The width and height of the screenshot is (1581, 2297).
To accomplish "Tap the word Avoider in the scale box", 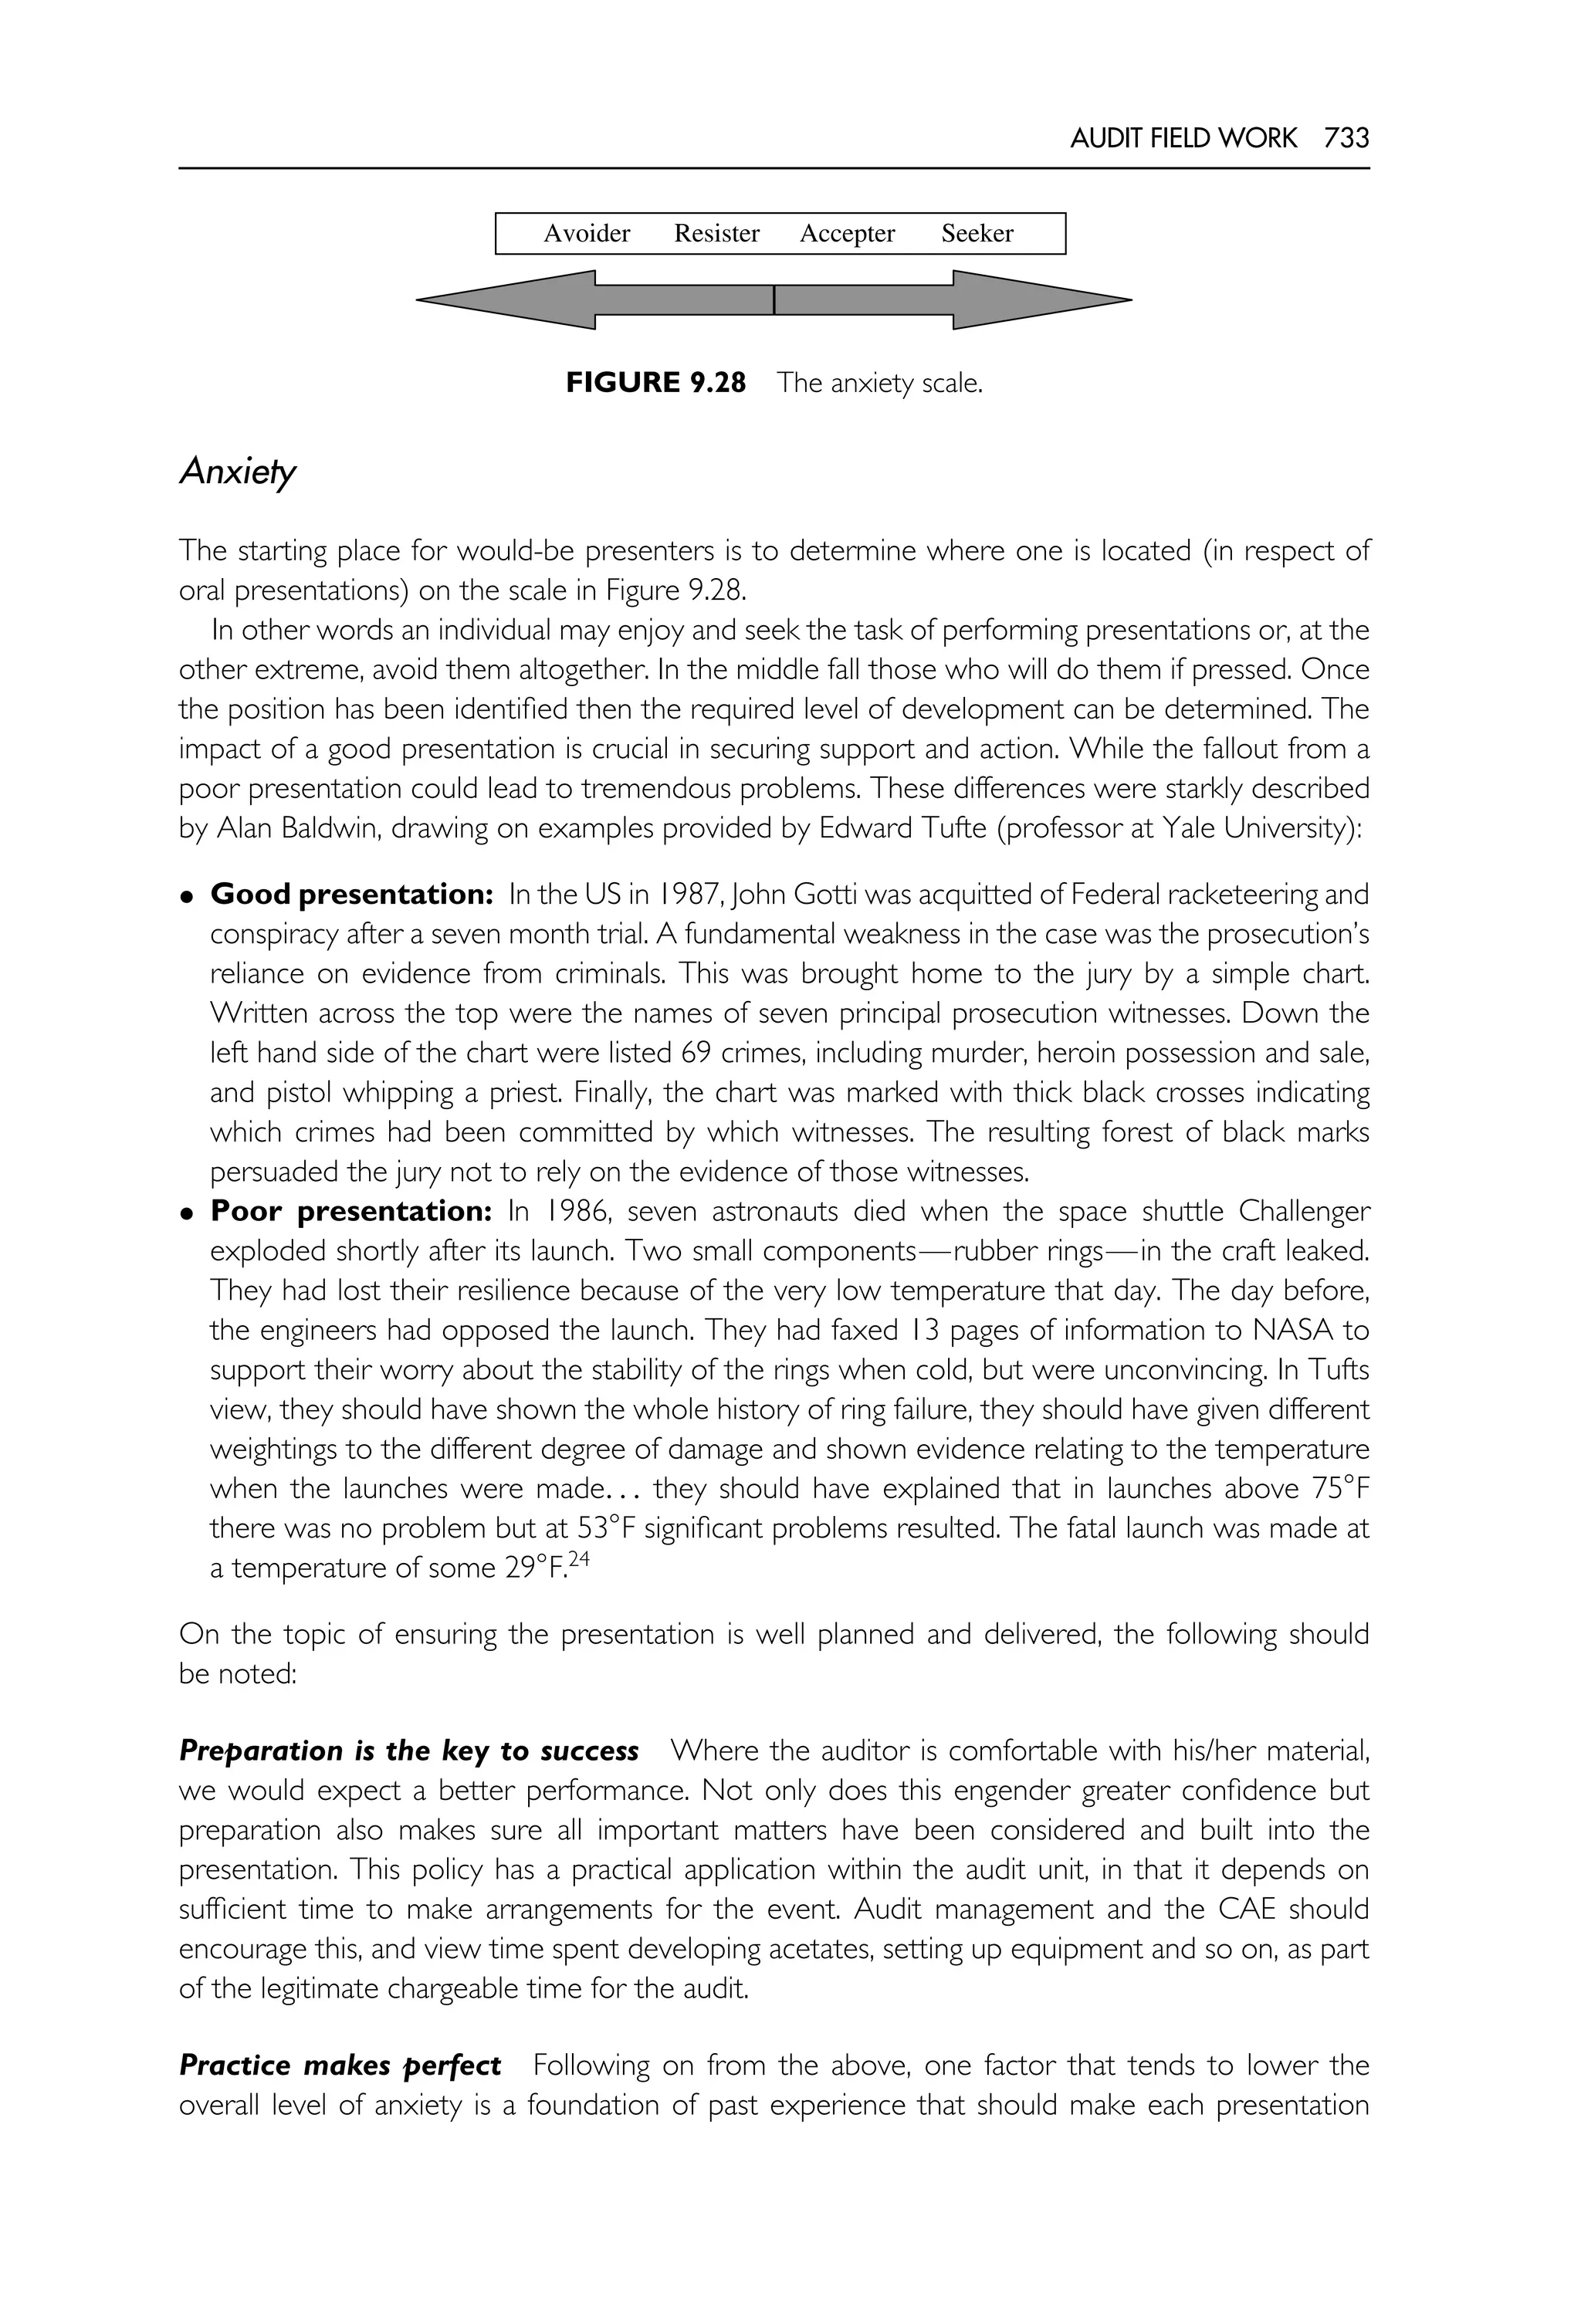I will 587,234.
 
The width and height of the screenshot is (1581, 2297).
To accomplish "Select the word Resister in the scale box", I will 716,234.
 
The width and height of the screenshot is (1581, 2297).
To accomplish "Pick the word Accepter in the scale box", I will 847,234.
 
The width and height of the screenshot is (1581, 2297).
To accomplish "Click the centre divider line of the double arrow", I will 774,299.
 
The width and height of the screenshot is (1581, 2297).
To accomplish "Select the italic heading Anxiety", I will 237,472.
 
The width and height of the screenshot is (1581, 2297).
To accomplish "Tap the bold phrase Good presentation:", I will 352,895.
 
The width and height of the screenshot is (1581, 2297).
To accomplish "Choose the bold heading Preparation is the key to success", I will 408,1751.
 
